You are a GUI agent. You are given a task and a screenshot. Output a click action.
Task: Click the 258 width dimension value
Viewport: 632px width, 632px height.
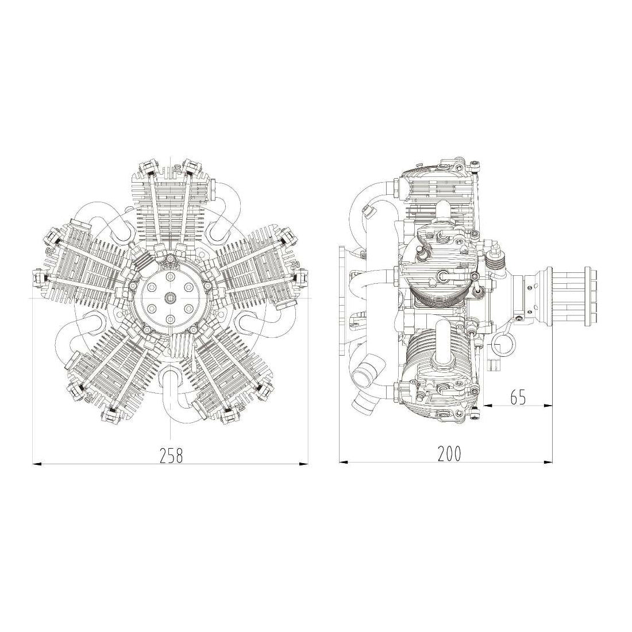point(171,456)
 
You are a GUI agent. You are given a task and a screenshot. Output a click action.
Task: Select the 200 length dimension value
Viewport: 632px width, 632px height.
point(449,454)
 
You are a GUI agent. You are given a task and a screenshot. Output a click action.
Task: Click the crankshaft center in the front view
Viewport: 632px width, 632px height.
point(171,298)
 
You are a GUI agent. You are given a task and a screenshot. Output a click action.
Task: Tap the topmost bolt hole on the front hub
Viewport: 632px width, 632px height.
point(171,277)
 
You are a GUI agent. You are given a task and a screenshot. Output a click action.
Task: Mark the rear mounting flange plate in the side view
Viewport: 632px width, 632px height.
point(344,299)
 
